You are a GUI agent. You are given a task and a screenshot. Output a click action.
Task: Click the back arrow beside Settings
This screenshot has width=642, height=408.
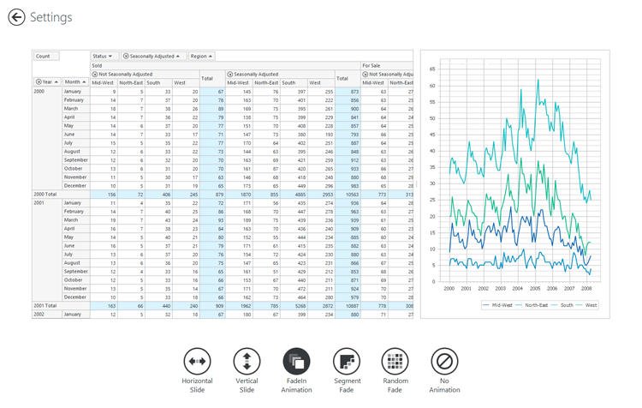[16, 17]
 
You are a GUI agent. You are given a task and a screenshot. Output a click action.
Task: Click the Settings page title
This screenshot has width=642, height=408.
[51, 17]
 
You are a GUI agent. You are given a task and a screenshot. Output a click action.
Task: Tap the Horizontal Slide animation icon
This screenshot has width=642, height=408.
[197, 361]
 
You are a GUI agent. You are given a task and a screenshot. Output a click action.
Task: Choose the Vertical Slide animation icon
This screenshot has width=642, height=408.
[247, 361]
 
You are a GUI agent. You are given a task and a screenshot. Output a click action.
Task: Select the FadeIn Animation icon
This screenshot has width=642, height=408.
[296, 361]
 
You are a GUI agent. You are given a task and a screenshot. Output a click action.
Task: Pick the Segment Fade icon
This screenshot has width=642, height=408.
[347, 361]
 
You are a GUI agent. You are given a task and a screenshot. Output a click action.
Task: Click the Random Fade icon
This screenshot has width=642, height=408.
[395, 361]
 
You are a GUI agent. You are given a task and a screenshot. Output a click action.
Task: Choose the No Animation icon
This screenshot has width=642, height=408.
[444, 361]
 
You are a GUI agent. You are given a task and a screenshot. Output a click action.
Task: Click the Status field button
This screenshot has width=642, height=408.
[103, 56]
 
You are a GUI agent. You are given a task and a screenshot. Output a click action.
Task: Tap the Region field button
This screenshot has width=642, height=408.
[202, 56]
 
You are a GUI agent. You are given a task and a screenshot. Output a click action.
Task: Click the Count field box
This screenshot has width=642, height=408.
[45, 56]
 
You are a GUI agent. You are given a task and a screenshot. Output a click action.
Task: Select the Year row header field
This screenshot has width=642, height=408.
[46, 82]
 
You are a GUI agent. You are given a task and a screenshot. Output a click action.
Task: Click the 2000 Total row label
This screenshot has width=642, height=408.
[45, 195]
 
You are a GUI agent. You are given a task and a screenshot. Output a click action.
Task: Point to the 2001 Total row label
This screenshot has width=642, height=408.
[45, 305]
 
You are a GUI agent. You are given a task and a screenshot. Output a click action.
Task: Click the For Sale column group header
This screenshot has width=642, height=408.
[372, 65]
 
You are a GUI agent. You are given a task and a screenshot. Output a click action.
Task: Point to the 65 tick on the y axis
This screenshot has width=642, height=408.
[432, 69]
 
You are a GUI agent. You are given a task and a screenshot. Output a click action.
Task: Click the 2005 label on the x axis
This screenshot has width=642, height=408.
[536, 289]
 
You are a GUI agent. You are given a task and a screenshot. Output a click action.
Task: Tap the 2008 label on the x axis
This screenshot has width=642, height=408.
[587, 289]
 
